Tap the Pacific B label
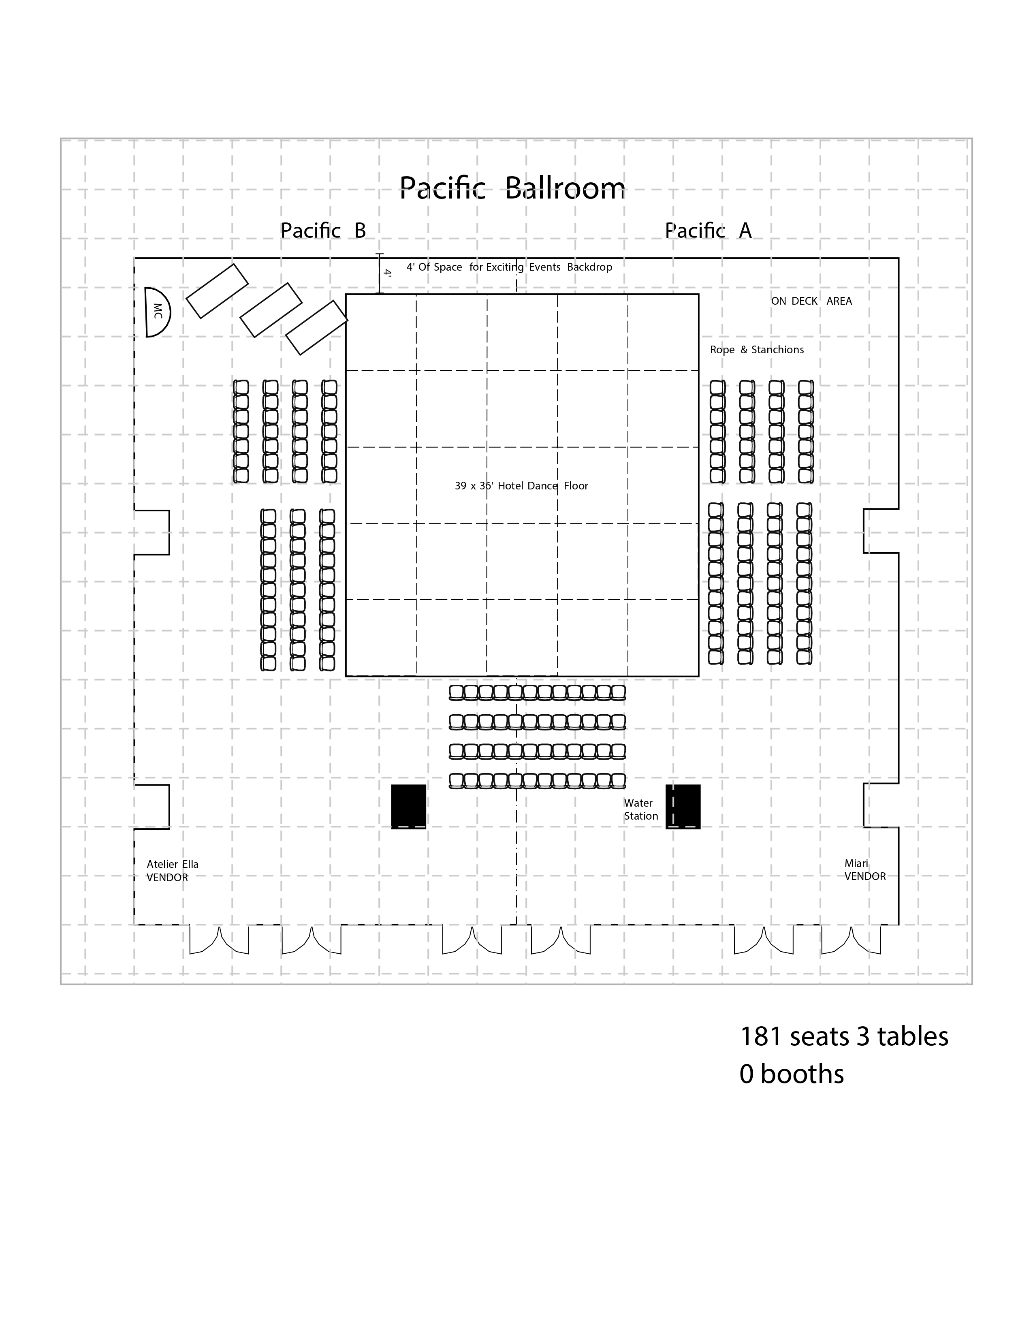coord(323,231)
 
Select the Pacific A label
coord(708,231)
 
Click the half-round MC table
coord(156,312)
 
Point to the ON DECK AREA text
coord(811,301)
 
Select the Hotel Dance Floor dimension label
coord(521,486)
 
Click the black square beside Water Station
coord(683,806)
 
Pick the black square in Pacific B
coord(408,806)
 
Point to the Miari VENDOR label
coord(865,870)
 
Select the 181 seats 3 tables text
coord(844,1036)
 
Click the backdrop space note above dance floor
coord(509,267)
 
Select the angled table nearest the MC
coord(217,291)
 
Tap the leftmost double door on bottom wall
coord(219,940)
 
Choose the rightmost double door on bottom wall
coord(851,940)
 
